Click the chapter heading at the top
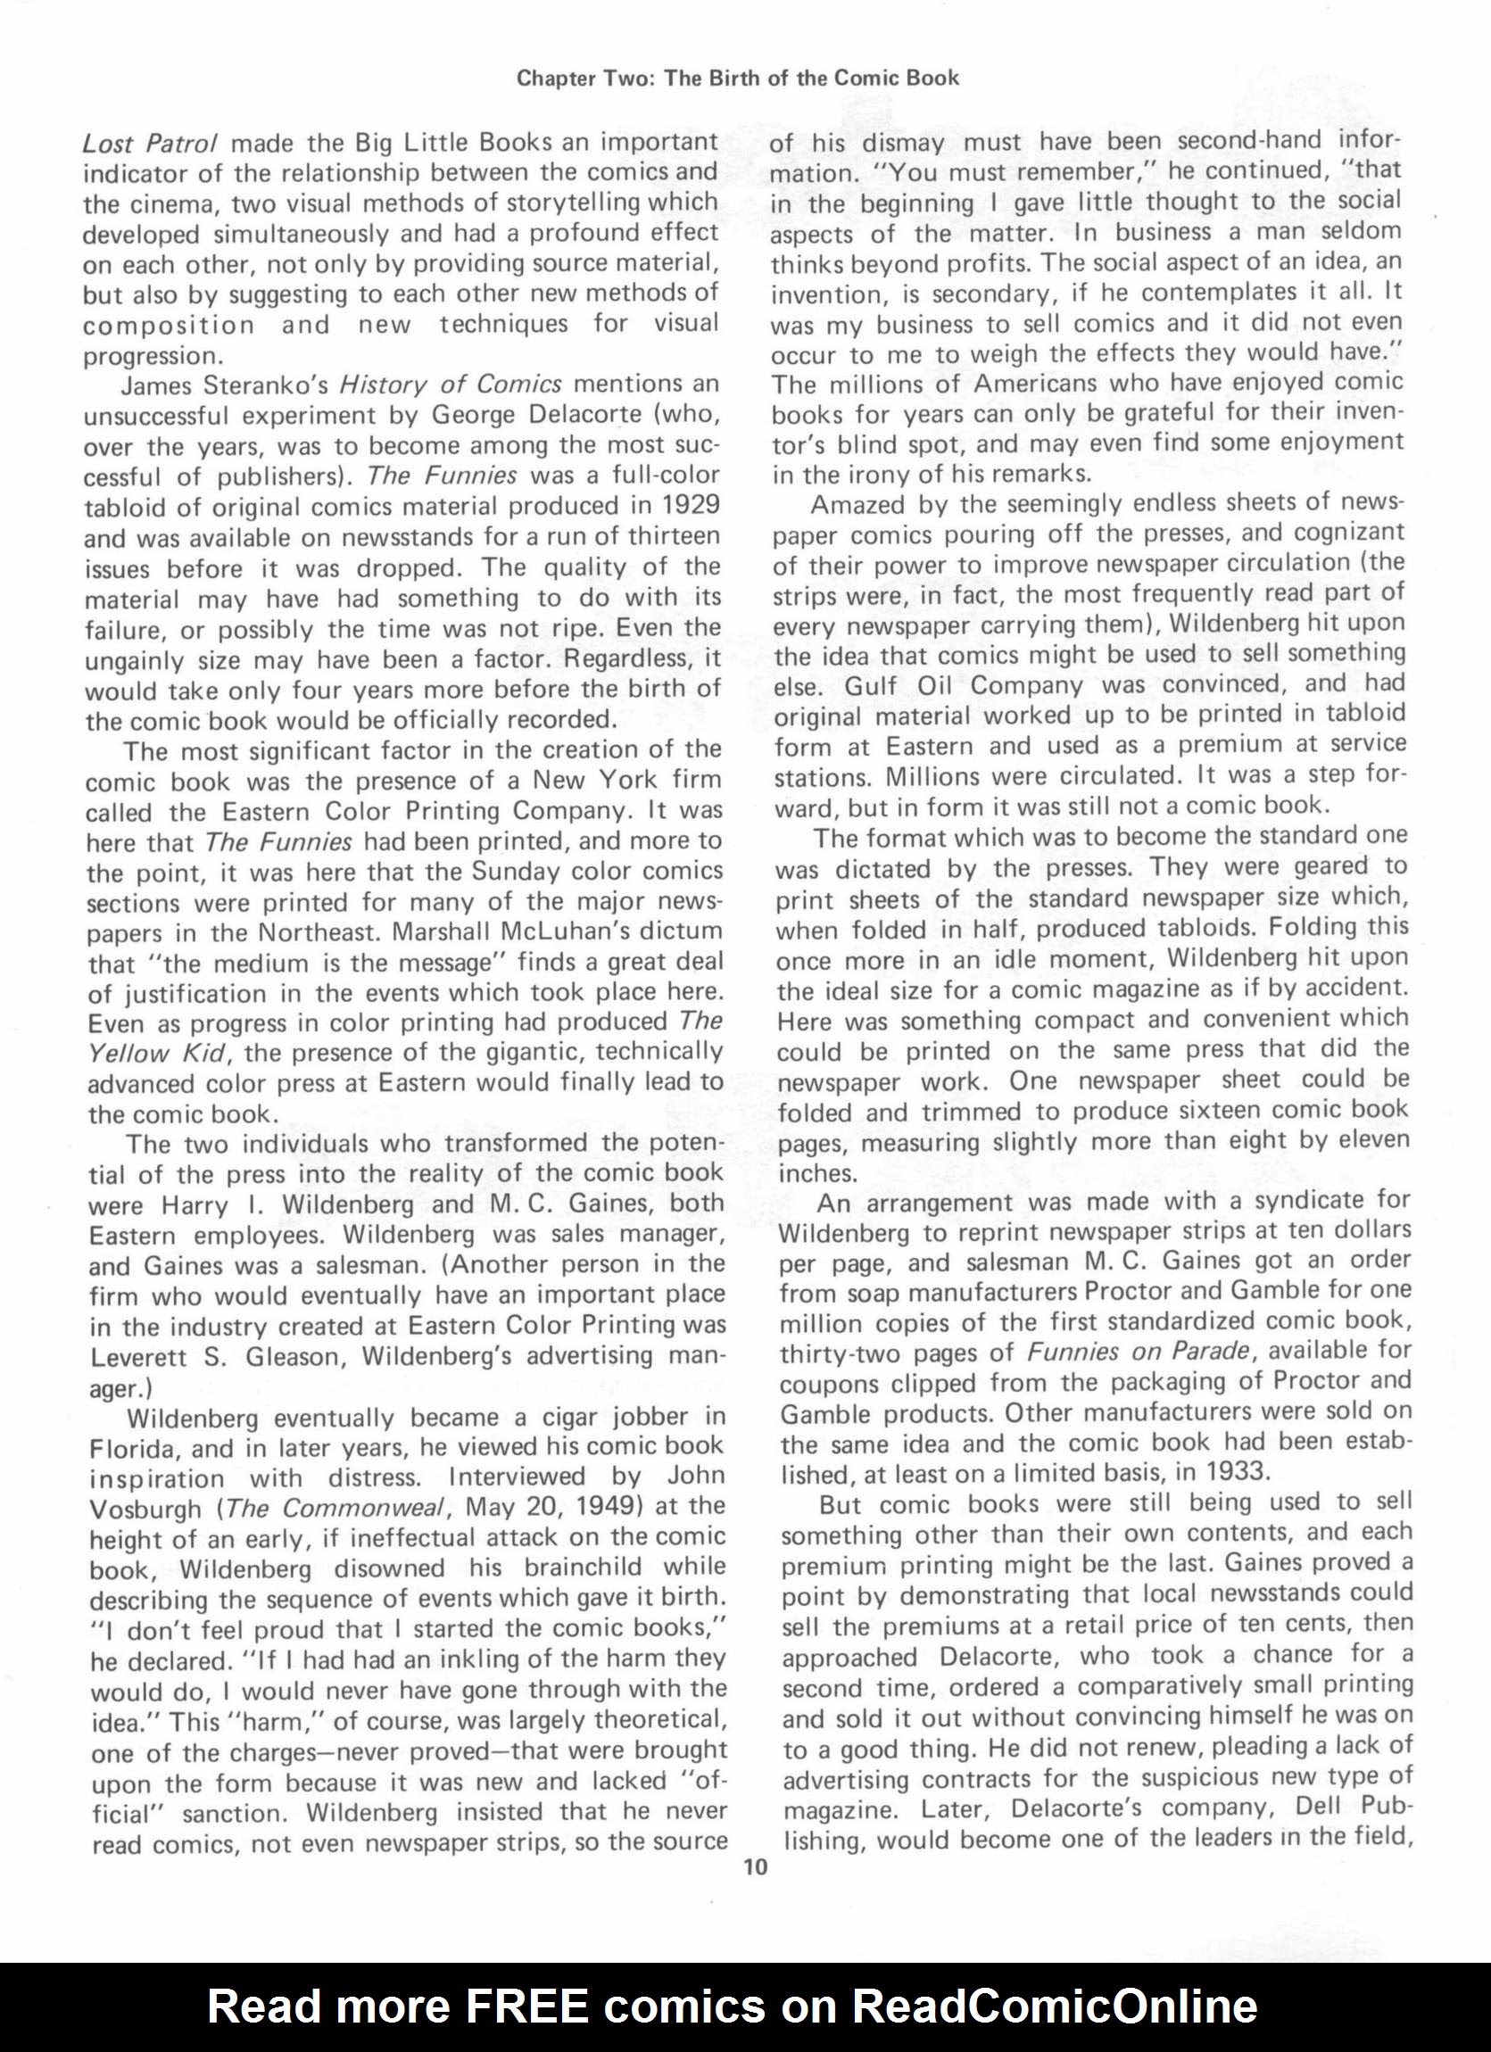(x=737, y=78)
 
